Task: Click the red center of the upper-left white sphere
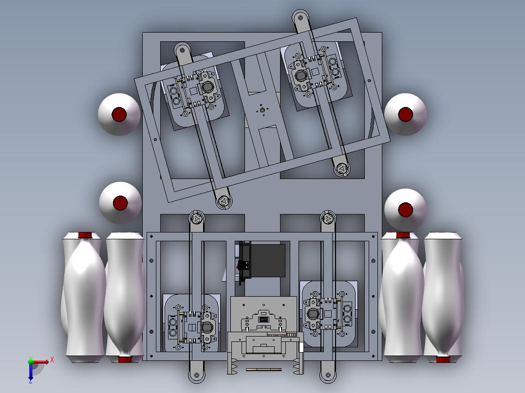click(x=119, y=114)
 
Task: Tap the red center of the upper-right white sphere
click(x=406, y=114)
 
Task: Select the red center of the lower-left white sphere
click(x=120, y=203)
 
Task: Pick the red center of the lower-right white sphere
click(x=406, y=210)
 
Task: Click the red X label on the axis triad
click(x=52, y=360)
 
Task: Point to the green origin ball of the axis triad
click(x=31, y=361)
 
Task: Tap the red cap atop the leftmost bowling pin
click(x=85, y=235)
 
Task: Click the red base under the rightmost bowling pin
click(x=443, y=359)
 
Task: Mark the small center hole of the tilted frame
click(x=262, y=110)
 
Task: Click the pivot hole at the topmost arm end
click(x=300, y=18)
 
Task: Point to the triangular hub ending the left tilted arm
click(x=224, y=201)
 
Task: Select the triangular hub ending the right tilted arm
click(x=341, y=169)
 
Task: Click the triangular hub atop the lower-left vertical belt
click(x=196, y=219)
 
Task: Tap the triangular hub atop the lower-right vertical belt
click(x=328, y=219)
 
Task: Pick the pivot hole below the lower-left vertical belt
click(x=197, y=375)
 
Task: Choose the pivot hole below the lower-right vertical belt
click(x=328, y=375)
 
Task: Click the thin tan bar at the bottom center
click(x=263, y=370)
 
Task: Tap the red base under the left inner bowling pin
click(x=125, y=359)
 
